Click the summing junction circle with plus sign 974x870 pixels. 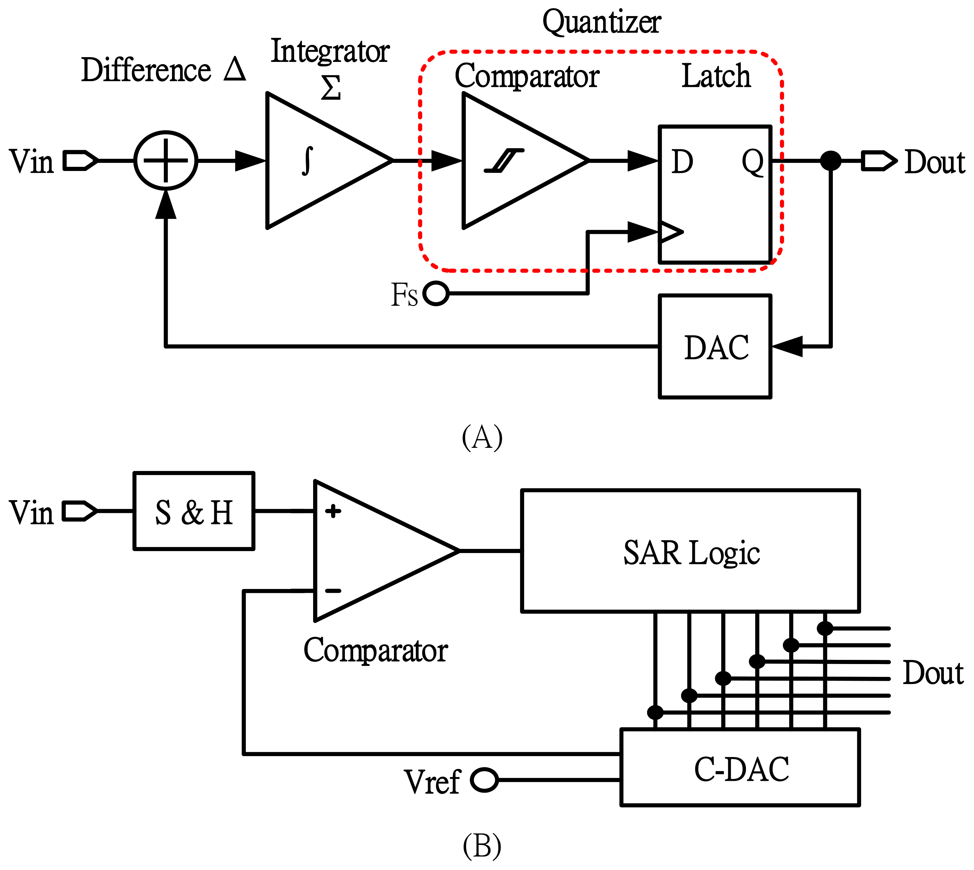166,161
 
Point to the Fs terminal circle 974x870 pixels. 436,293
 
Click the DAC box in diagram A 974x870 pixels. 715,346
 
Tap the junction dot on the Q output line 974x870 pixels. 831,161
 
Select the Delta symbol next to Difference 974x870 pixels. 235,69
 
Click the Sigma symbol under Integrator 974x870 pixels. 331,88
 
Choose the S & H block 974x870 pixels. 194,511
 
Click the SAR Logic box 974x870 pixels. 690,551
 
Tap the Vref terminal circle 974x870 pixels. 484,780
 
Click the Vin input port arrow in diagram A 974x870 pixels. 80,161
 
